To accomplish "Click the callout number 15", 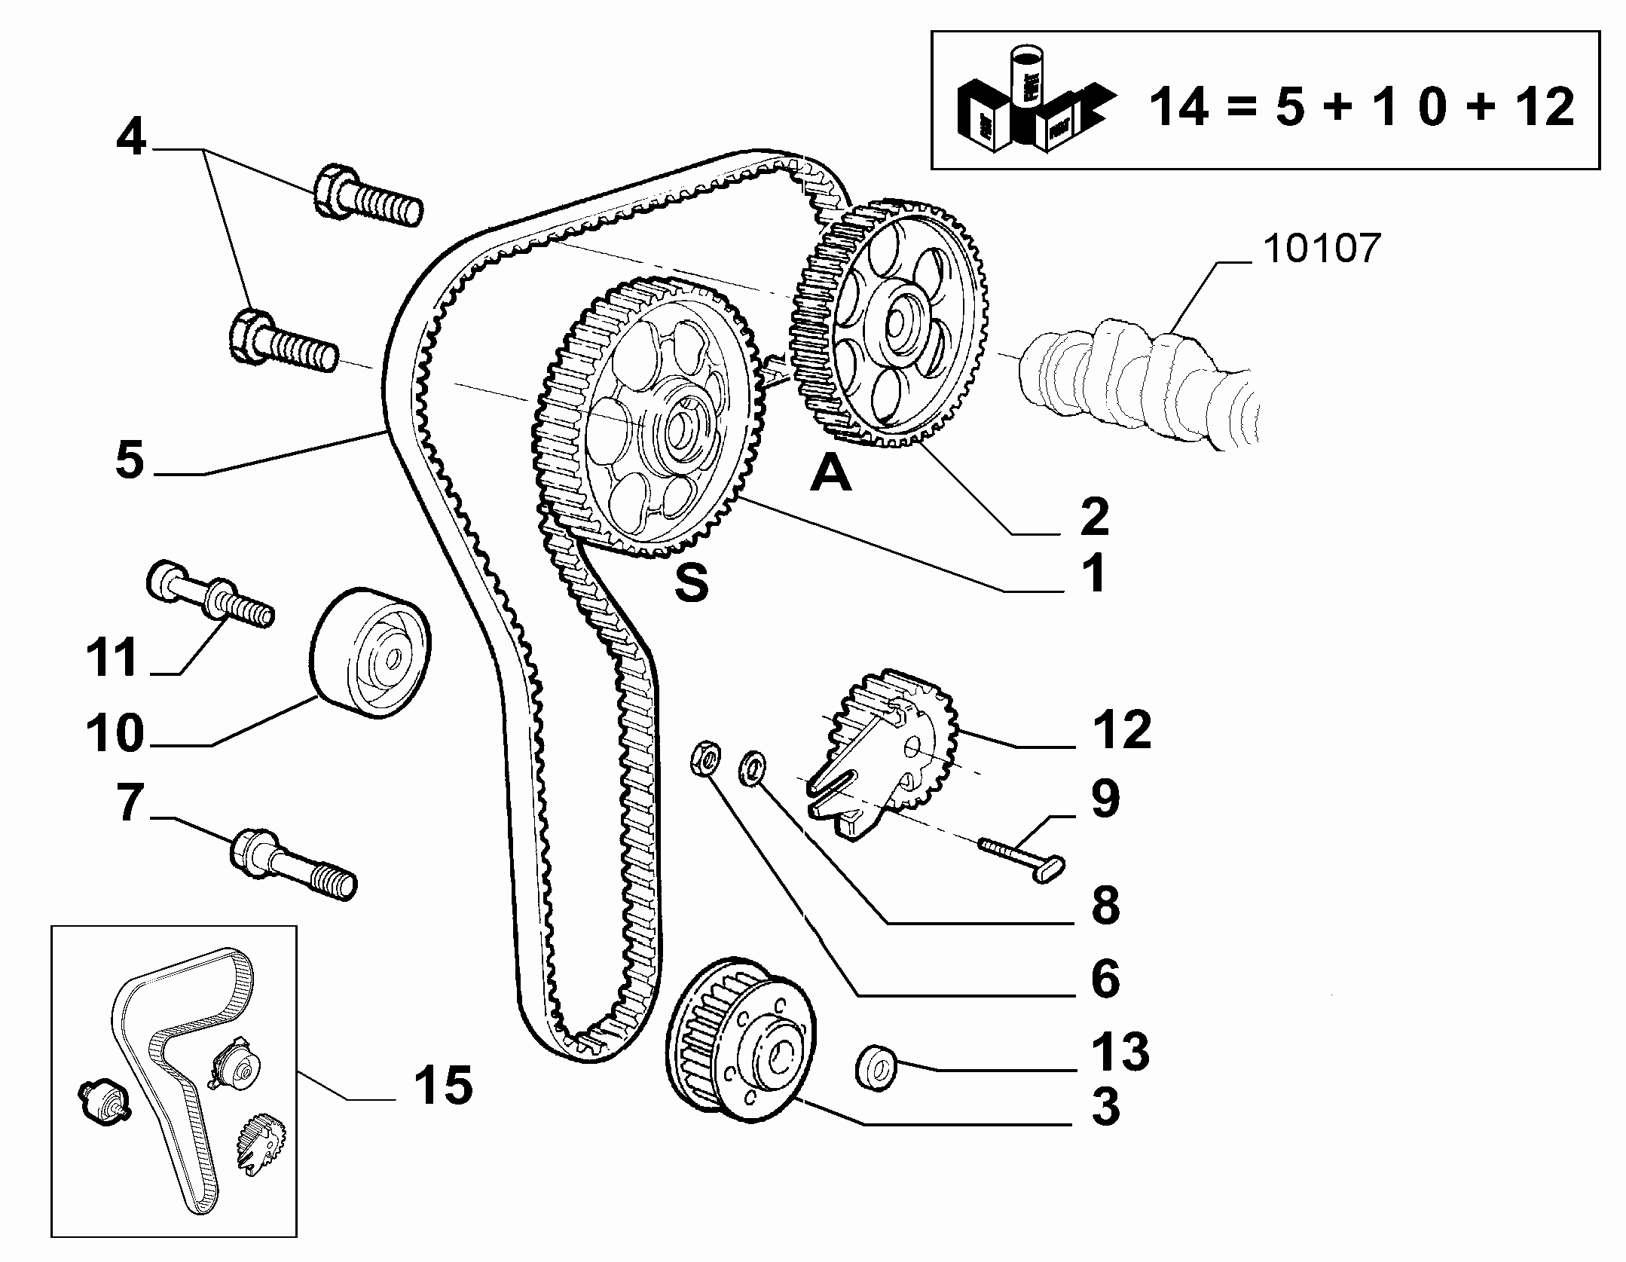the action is (443, 1086).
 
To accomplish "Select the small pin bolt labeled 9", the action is (1022, 860).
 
